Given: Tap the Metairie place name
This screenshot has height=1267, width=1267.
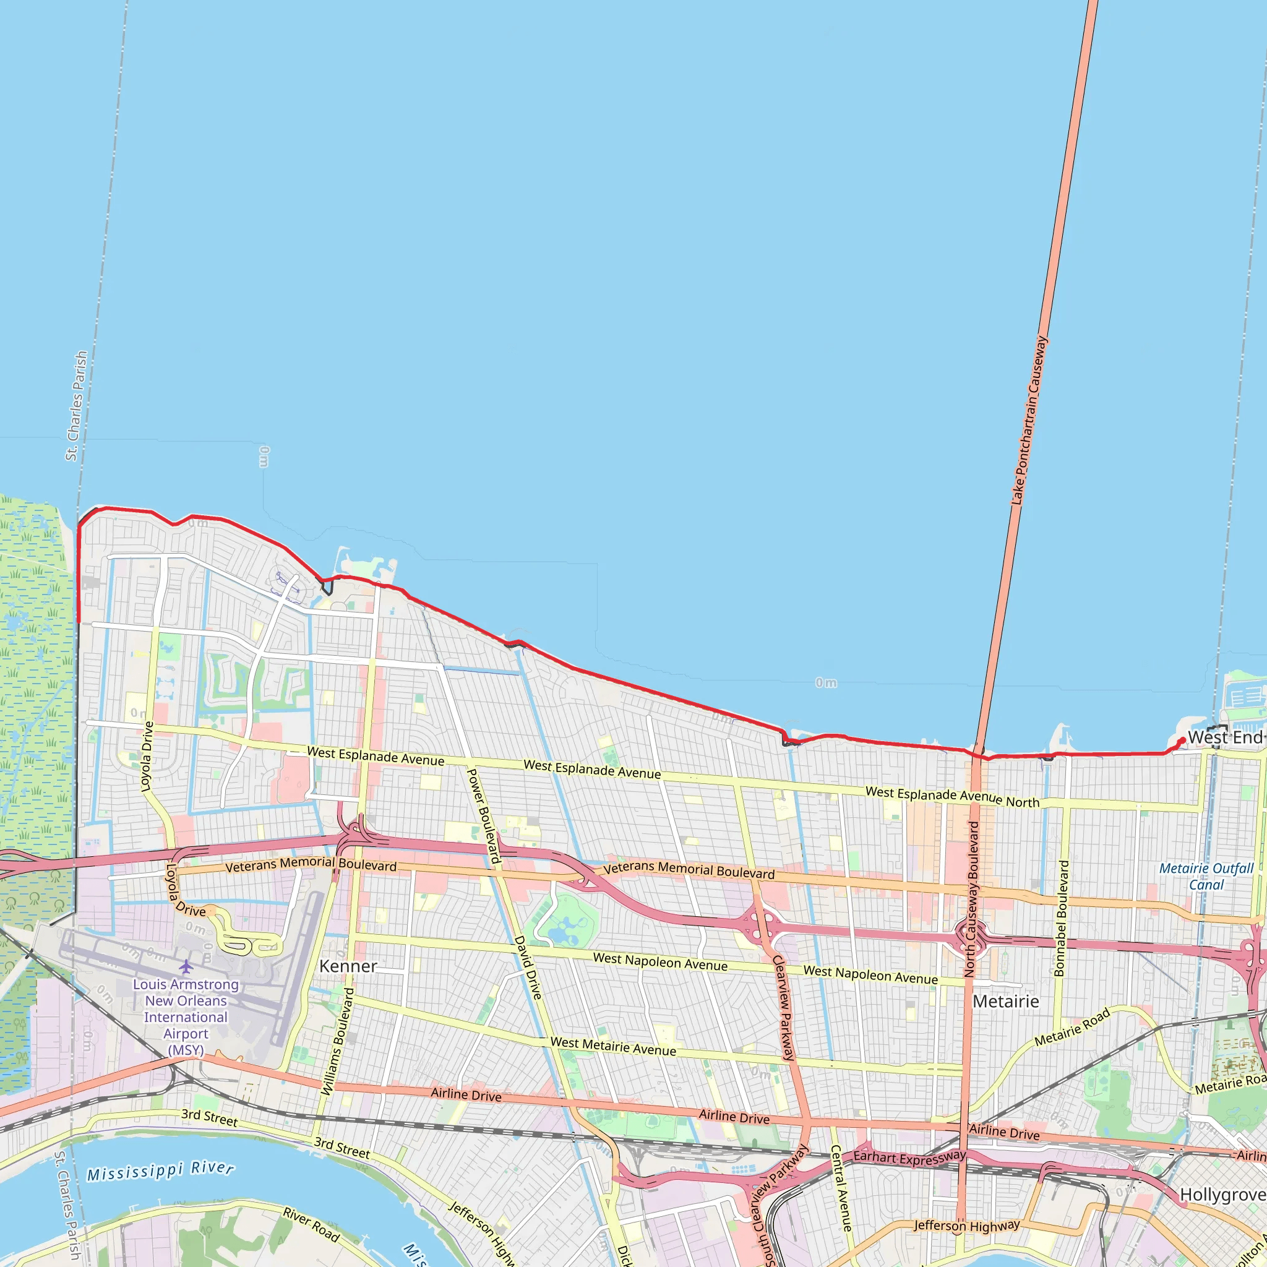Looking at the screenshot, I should (x=1005, y=1002).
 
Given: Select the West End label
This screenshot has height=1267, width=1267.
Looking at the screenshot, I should (x=1224, y=738).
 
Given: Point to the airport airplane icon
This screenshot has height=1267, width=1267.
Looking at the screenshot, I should (x=186, y=967).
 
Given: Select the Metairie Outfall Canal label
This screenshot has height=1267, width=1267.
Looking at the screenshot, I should (x=1206, y=876).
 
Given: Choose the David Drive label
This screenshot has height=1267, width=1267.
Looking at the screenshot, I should (x=528, y=968).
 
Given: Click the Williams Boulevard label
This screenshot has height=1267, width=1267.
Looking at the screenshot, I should (x=337, y=1041).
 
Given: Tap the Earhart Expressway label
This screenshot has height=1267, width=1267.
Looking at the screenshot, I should (x=909, y=1157).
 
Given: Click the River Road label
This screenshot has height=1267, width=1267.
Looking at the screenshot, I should (x=312, y=1224).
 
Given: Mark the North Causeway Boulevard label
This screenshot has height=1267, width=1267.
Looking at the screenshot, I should (x=972, y=898).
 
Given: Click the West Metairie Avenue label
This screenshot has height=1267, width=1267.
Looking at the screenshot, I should (x=613, y=1046).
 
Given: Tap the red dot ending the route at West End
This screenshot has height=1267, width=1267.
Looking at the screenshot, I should (x=1182, y=741).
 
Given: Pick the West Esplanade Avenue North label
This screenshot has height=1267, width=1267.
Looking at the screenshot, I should (x=952, y=797).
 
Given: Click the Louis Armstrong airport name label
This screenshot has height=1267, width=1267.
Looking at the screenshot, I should (x=186, y=1016).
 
